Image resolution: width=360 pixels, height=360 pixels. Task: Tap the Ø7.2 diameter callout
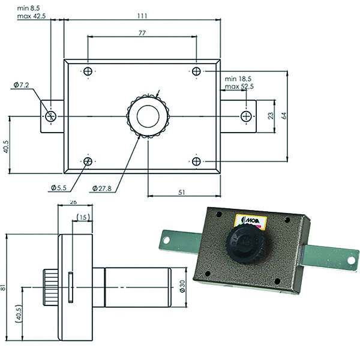pos(21,85)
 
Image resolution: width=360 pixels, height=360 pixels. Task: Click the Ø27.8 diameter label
pos(103,188)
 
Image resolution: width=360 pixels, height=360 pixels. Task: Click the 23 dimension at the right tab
pos(271,115)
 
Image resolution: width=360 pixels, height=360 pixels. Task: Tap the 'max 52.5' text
pos(239,87)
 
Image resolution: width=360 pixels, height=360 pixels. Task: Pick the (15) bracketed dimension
pos(83,217)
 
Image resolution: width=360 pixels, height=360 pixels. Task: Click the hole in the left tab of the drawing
pos(52,115)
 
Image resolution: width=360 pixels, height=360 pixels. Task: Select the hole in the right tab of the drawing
pos(245,115)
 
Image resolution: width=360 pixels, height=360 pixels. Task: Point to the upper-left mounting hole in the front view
pos(88,72)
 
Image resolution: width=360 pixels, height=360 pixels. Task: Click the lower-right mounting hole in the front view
pos(197,161)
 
